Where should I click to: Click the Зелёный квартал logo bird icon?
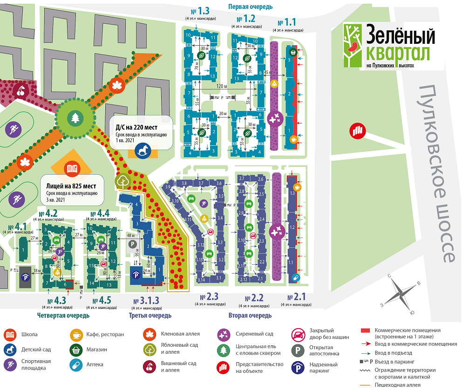(x=354, y=46)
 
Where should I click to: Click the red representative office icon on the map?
(x=358, y=130)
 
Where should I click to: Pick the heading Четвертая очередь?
(x=63, y=316)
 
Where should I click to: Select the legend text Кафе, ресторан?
(x=104, y=334)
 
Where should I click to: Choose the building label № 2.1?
(x=296, y=296)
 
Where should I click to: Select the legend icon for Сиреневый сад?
(x=223, y=334)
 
